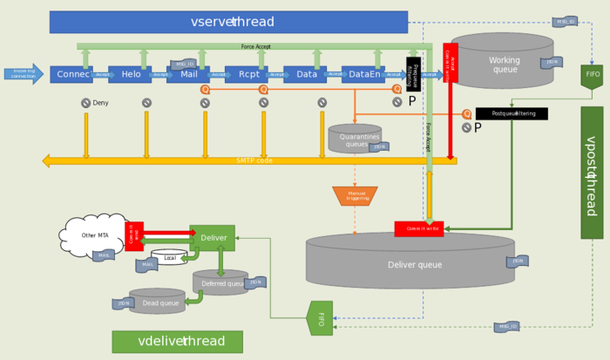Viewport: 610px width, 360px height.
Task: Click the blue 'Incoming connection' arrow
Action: click(x=23, y=74)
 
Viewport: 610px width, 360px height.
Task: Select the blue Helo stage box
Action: click(x=130, y=75)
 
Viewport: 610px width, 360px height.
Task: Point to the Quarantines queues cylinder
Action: click(x=355, y=139)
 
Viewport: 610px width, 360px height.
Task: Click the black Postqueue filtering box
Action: click(x=512, y=113)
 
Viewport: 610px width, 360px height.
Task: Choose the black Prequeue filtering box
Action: click(x=414, y=74)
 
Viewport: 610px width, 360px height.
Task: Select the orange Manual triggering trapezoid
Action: click(x=355, y=196)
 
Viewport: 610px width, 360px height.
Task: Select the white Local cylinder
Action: click(x=169, y=258)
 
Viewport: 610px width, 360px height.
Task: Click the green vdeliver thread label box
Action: click(x=177, y=341)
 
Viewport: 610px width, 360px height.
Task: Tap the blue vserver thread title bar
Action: click(x=228, y=22)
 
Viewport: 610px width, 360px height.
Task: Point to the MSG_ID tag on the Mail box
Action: click(x=184, y=64)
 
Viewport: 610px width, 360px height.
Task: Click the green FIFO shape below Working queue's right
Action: click(x=593, y=76)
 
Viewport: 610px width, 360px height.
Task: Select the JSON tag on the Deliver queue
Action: click(x=517, y=261)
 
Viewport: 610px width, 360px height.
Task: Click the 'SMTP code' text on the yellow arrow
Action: click(x=254, y=160)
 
